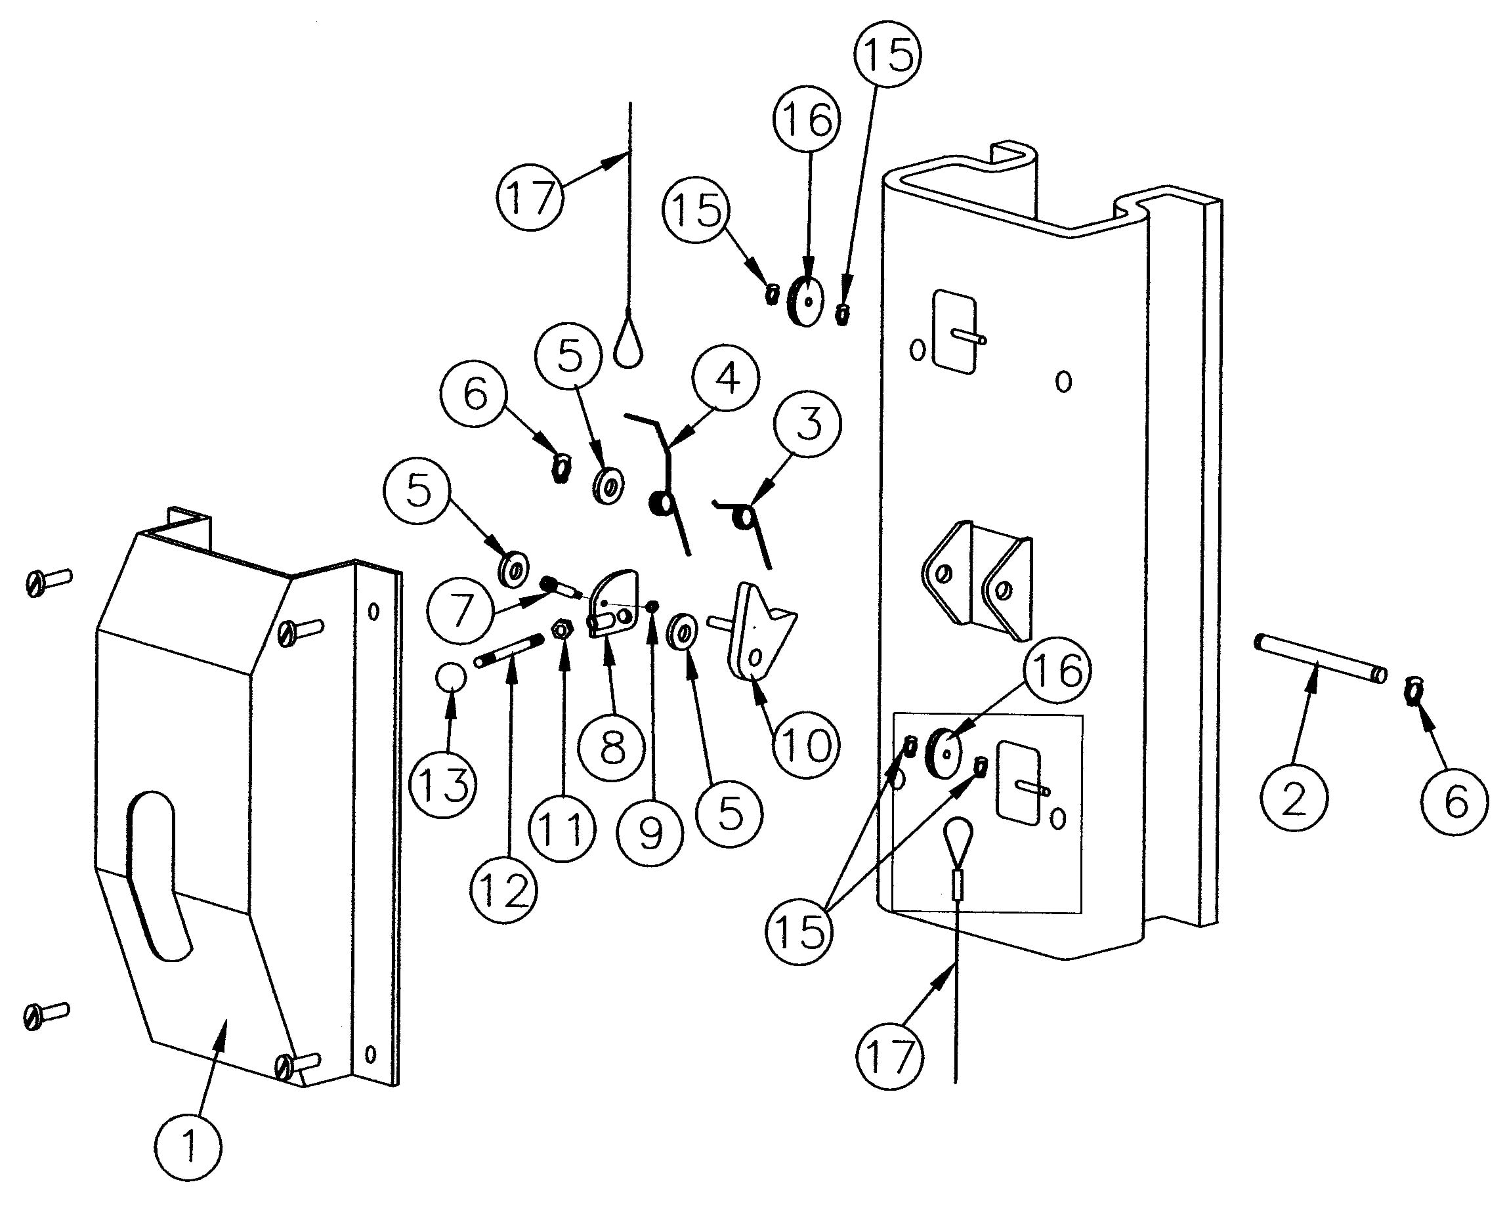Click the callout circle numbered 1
(188, 1147)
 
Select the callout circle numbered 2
(1294, 798)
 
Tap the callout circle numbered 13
(444, 784)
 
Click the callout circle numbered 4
(726, 379)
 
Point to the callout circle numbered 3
(807, 425)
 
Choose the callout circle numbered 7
(460, 608)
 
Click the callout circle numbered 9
(650, 833)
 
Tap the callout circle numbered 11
(562, 830)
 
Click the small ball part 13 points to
(450, 677)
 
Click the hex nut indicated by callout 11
(561, 629)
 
